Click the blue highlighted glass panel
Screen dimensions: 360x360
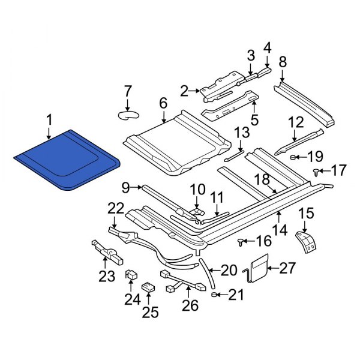pos(66,160)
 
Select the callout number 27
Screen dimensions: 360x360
pos(288,268)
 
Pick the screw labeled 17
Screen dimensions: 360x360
pos(316,172)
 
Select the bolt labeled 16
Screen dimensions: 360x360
pos(241,242)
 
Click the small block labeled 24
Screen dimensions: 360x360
pos(130,275)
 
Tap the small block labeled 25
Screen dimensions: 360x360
pos(148,288)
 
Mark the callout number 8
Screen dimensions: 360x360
pos(283,61)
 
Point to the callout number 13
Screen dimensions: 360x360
pos(241,132)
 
